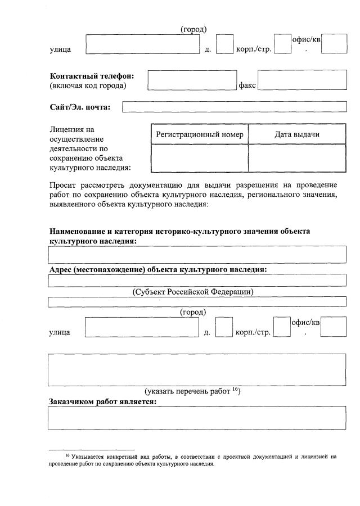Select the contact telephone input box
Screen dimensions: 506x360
pos(191,80)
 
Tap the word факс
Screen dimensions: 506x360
pos(247,85)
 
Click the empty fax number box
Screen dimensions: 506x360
pos(302,80)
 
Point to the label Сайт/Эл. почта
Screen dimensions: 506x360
pos(80,107)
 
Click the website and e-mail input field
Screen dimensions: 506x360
pos(234,107)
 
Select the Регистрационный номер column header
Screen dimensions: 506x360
pos(200,134)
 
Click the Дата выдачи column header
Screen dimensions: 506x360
pos(297,134)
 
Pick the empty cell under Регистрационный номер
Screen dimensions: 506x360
pos(200,158)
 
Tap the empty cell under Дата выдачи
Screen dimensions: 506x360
pos(297,158)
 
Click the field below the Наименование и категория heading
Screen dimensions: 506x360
pos(197,255)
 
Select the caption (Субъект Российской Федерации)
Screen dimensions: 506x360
pos(193,292)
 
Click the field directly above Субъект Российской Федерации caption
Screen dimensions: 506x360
pos(197,280)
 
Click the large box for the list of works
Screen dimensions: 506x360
pos(197,369)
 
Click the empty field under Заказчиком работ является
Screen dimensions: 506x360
pos(197,418)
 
